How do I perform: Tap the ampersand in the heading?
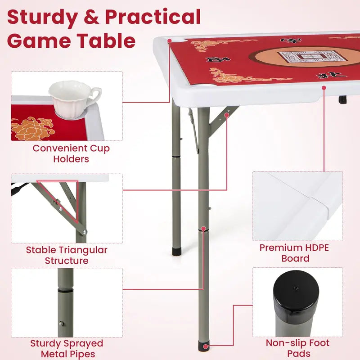pos(91,17)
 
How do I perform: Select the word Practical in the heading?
pos(153,17)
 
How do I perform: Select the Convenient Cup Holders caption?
pos(71,153)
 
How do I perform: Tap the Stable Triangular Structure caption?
pos(67,255)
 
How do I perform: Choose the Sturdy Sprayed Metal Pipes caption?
pos(67,349)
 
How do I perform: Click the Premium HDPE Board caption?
pos(294,253)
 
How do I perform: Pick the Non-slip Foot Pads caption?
pos(298,348)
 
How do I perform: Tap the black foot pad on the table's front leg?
pos(204,346)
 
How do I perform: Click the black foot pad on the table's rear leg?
pos(176,251)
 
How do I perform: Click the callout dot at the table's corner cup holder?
pos(170,41)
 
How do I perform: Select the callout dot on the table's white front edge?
pos(324,88)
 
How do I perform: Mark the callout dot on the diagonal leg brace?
pos(227,115)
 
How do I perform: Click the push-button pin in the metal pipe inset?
pos(62,324)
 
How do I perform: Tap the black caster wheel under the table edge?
pos(342,99)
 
